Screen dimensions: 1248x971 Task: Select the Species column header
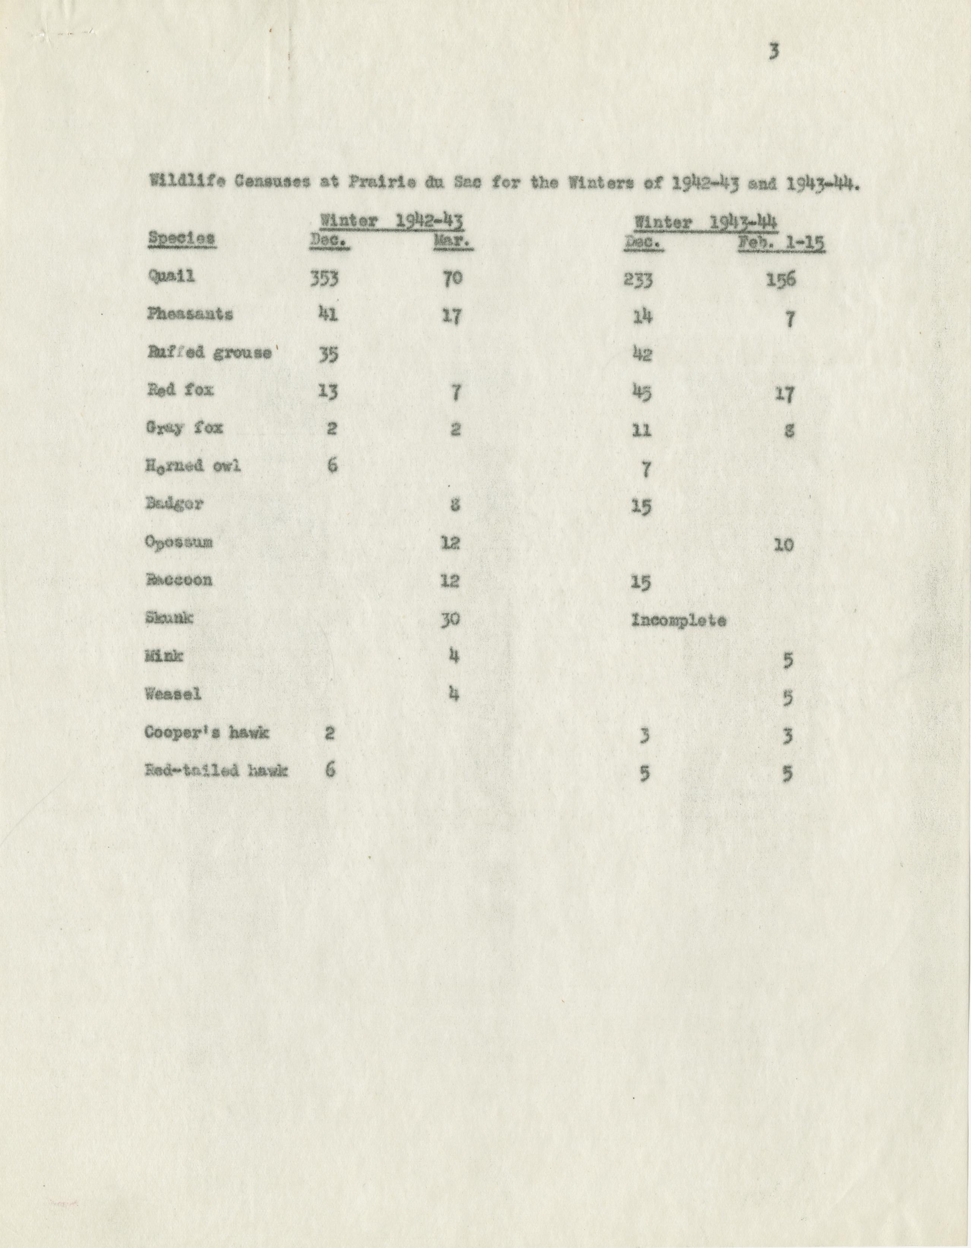click(x=181, y=239)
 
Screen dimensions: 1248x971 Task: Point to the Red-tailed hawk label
click(x=217, y=771)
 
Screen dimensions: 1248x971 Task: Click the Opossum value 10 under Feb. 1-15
click(x=783, y=545)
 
